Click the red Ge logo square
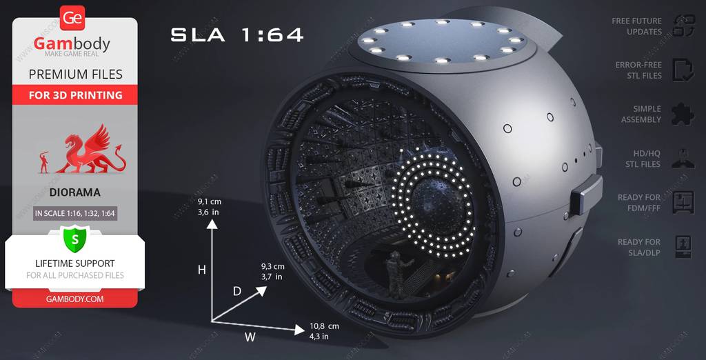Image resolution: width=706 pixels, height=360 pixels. click(72, 18)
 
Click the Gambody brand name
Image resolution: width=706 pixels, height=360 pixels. click(72, 43)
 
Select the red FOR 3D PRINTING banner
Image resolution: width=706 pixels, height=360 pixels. click(75, 95)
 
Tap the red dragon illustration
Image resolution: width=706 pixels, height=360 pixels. click(90, 150)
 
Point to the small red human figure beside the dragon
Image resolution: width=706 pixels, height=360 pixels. click(44, 162)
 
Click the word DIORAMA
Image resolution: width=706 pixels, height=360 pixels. click(75, 193)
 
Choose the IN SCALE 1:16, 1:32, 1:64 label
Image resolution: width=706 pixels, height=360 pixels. click(75, 213)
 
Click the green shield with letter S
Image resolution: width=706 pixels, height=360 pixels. click(74, 239)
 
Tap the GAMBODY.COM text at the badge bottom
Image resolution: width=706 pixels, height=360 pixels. click(74, 299)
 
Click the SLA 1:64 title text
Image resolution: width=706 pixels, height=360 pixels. click(237, 34)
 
